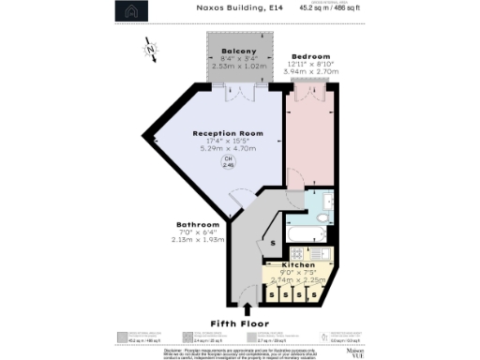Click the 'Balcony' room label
(x=238, y=51)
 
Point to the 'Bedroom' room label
(x=307, y=56)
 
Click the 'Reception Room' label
(x=227, y=134)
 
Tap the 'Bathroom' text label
(x=198, y=225)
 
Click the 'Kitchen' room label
(x=298, y=265)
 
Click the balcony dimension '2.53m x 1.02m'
(x=238, y=67)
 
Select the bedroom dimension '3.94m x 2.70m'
(x=307, y=72)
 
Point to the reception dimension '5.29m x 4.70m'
(x=227, y=149)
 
